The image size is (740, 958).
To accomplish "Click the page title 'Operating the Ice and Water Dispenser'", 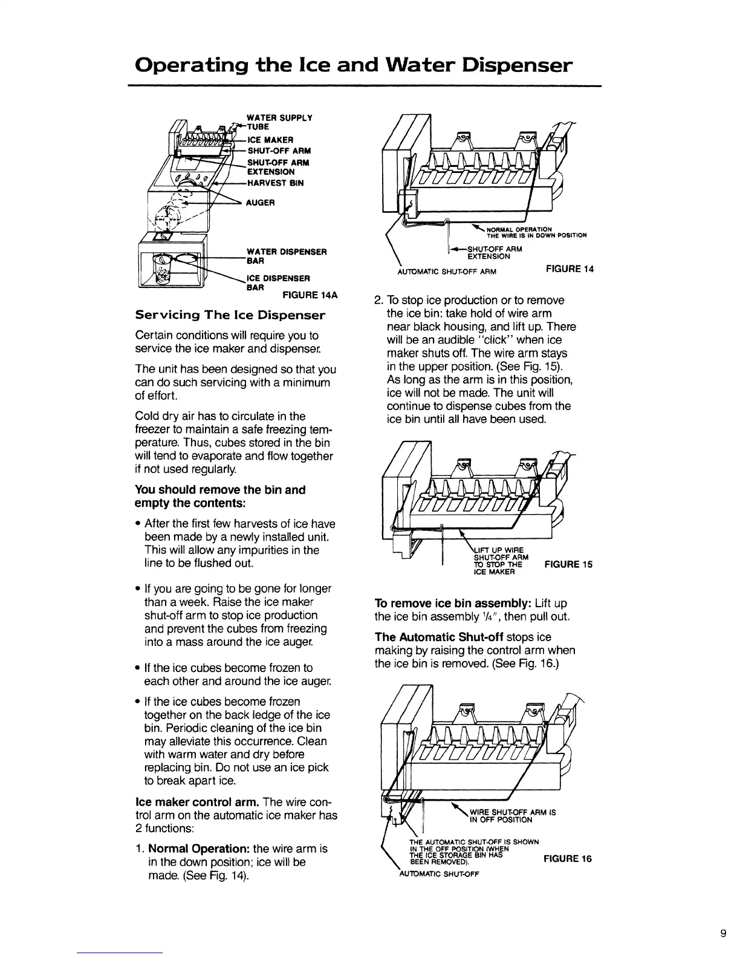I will coord(354,65).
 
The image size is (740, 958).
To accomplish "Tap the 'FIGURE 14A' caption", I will coord(309,296).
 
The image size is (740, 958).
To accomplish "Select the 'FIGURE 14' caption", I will coord(570,269).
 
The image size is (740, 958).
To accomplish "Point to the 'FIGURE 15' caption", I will coord(568,565).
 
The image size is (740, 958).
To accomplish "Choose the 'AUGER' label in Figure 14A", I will coord(261,203).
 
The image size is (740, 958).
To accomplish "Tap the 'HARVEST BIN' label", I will coord(276,183).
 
